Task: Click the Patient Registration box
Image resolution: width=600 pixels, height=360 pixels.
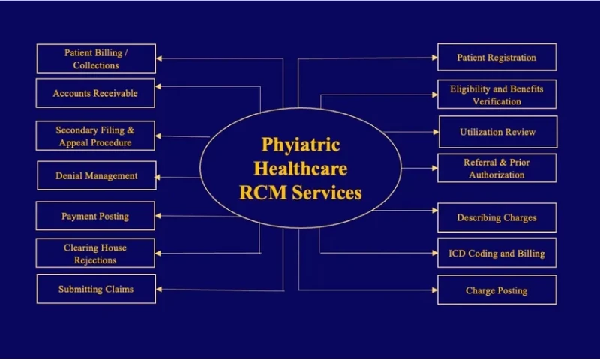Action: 497,58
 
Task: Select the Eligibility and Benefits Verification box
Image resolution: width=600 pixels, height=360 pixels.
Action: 497,94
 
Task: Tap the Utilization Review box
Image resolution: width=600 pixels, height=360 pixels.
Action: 497,132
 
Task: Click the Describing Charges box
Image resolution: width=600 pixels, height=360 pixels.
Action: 497,217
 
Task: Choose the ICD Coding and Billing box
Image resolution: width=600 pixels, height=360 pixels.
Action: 497,253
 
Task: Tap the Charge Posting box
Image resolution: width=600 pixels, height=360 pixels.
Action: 497,290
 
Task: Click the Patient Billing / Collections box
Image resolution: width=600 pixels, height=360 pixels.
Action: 96,58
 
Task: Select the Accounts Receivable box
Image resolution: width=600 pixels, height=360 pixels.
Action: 96,94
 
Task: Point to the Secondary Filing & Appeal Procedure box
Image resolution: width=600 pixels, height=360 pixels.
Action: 96,136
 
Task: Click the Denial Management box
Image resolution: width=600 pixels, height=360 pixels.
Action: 96,175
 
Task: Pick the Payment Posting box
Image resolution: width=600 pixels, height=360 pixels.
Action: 96,216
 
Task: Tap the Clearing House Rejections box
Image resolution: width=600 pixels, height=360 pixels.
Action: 96,253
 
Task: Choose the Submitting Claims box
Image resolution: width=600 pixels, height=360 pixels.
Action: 96,289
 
